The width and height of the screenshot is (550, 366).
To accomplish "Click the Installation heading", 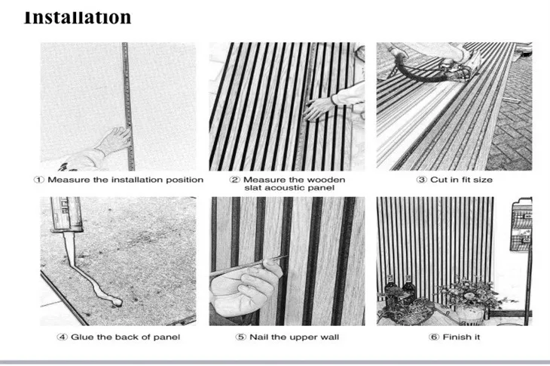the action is coord(78,18).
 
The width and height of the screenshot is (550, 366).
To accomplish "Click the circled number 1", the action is coord(38,180).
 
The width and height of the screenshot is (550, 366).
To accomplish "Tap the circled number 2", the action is coord(234,180).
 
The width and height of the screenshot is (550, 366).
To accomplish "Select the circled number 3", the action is coord(421,180).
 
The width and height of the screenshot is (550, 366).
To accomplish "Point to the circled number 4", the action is coord(62,337).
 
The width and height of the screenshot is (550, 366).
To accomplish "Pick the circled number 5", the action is coord(240,337).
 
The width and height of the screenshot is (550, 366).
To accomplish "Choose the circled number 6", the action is coord(434,337).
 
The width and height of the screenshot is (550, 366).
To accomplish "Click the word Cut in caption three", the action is coord(438,180).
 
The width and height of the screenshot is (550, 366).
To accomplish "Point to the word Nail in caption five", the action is coord(258,337).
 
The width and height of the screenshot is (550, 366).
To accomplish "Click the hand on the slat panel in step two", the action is coord(319,108).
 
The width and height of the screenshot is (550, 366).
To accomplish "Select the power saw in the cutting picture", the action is coord(456,66).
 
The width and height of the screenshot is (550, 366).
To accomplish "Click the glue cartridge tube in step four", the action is coord(66,214).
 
